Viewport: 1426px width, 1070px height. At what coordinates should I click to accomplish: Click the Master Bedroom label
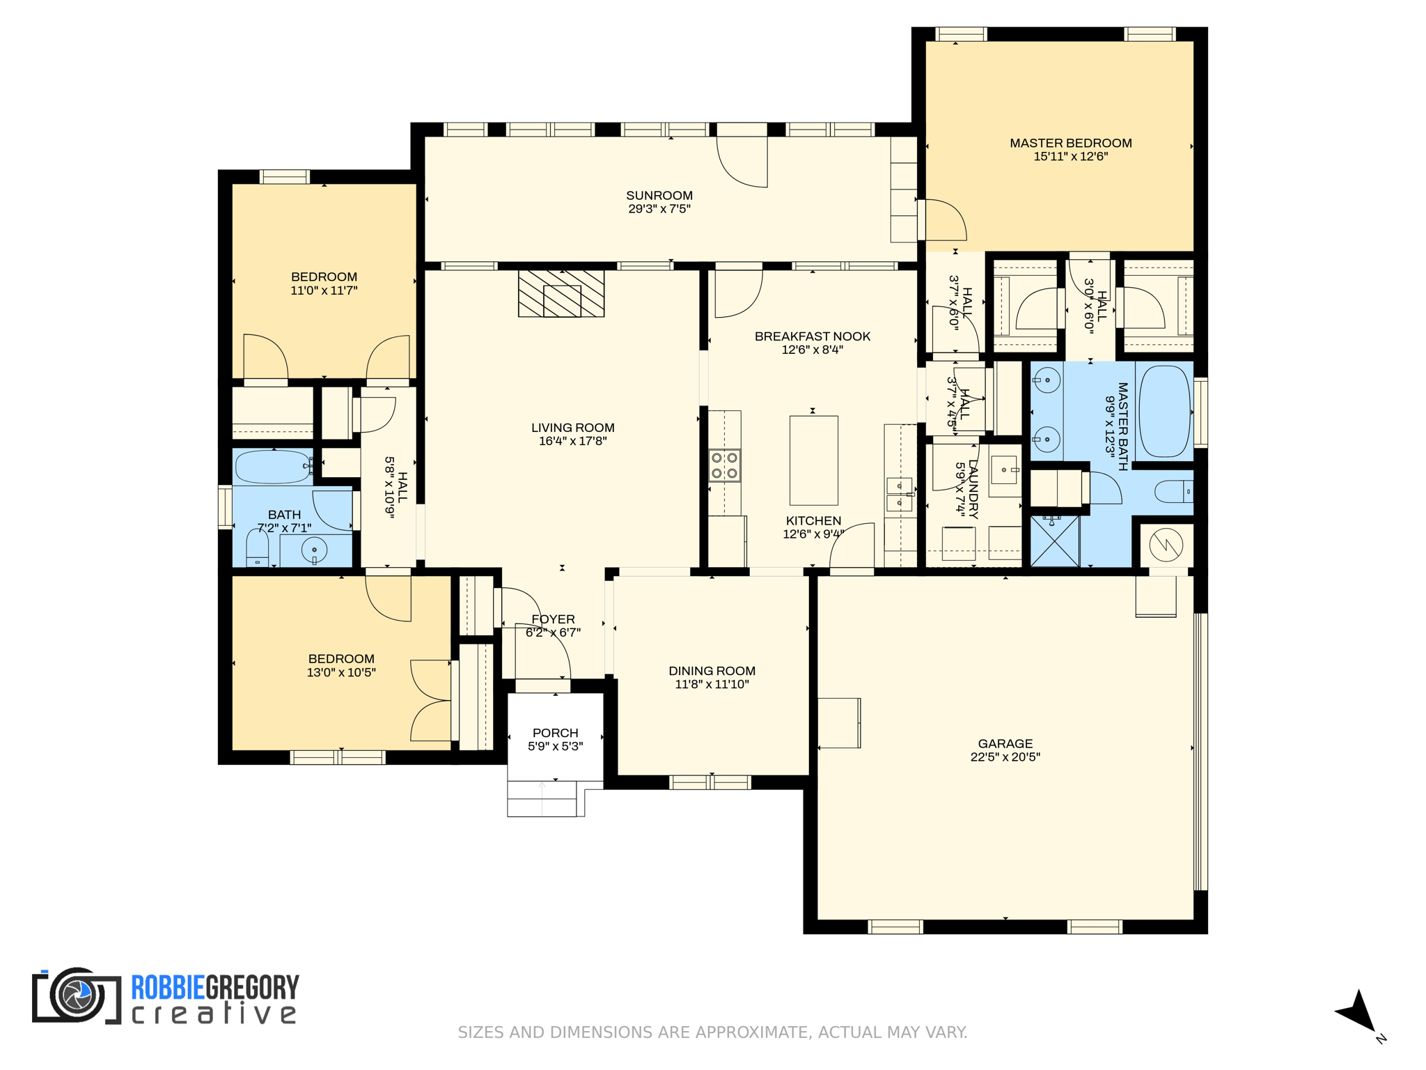1070,143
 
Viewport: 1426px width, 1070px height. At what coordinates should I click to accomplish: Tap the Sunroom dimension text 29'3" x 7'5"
659,209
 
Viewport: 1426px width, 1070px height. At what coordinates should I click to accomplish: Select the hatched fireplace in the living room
561,294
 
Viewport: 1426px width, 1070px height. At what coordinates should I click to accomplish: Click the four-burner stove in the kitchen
724,465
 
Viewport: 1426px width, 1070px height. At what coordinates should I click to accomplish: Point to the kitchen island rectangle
813,460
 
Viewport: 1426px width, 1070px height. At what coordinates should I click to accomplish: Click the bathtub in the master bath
1163,412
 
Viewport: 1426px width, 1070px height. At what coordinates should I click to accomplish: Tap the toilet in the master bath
1174,492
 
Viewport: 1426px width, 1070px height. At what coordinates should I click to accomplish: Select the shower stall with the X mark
1054,541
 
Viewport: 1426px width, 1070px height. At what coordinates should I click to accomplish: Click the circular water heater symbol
1166,545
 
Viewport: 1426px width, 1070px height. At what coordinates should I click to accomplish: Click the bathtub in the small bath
273,467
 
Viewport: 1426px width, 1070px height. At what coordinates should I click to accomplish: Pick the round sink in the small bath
314,550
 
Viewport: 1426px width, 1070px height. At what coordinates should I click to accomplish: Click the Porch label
555,733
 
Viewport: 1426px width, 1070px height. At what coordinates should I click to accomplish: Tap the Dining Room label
712,671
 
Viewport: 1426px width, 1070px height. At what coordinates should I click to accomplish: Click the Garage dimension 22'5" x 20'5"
1005,757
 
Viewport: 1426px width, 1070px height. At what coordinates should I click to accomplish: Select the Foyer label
553,619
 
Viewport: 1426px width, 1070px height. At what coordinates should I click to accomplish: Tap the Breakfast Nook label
812,336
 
